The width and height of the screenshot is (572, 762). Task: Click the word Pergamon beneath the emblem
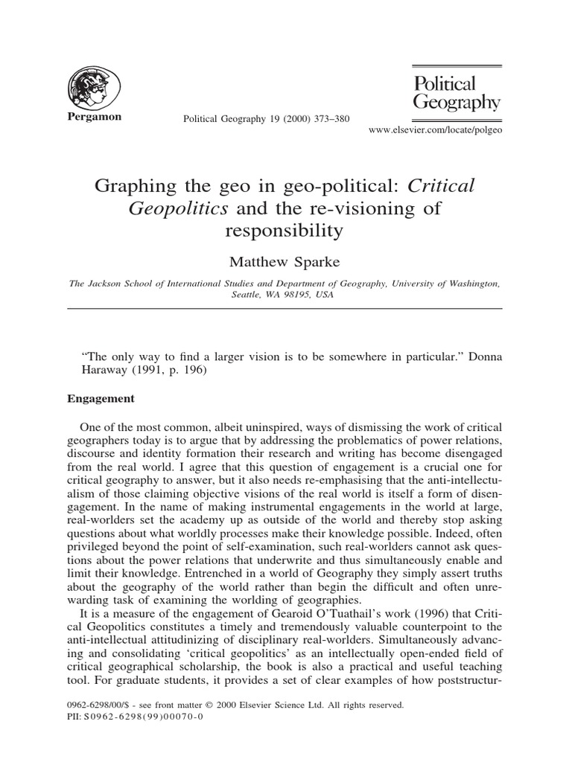(95, 118)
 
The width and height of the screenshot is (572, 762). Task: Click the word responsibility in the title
(284, 230)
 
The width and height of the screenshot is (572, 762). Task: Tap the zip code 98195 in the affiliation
(282, 294)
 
